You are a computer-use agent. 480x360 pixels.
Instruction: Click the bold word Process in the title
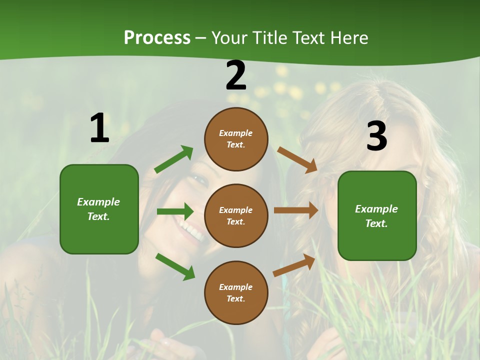point(157,37)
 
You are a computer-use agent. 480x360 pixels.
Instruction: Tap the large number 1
point(99,128)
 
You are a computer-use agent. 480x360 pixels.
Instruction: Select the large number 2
point(236,75)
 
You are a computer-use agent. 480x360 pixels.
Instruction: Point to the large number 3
point(376,136)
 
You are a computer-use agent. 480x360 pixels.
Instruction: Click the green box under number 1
point(99,209)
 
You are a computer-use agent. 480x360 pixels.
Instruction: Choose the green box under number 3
point(377,215)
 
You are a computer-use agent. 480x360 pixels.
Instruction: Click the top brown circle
point(236,139)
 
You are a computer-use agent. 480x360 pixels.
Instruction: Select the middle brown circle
point(236,215)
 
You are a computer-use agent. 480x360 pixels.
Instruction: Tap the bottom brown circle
point(236,292)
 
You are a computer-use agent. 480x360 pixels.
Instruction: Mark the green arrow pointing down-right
point(175,266)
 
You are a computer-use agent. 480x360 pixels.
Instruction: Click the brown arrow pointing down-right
point(297,159)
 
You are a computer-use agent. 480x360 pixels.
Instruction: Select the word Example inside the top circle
point(236,133)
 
